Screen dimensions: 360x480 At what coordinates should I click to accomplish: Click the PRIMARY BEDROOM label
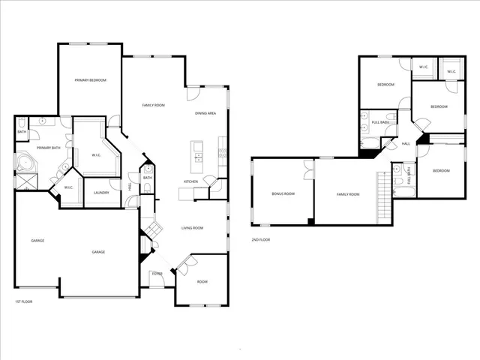point(90,79)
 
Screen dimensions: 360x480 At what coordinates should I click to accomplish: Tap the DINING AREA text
point(205,112)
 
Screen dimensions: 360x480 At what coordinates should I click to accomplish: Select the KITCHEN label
point(191,182)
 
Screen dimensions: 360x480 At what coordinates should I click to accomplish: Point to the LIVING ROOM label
point(193,228)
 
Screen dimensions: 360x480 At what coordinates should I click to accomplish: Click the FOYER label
point(158,274)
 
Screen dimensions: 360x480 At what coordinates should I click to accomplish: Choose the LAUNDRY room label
point(101,193)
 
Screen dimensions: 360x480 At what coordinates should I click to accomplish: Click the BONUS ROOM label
point(283,194)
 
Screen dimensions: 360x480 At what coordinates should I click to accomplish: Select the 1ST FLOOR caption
point(25,301)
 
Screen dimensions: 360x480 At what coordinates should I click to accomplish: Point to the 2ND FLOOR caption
point(261,240)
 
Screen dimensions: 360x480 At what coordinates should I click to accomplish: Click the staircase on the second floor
point(385,196)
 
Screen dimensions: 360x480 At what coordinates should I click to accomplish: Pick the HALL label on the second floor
point(406,144)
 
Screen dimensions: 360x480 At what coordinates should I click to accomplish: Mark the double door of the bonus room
point(308,173)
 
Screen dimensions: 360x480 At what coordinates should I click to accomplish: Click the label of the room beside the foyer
point(202,282)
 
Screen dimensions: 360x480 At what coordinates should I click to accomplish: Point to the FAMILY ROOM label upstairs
point(348,194)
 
